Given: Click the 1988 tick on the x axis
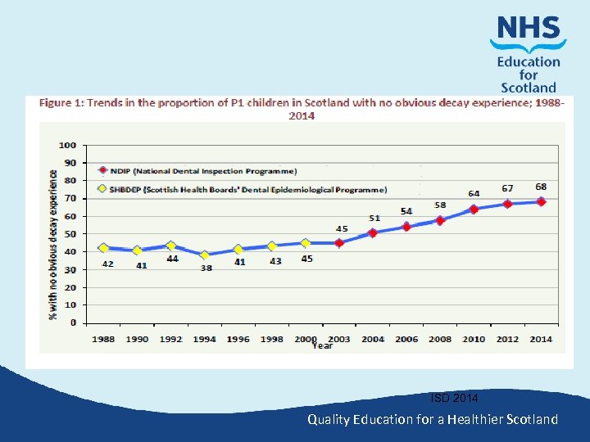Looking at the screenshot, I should click(x=103, y=339).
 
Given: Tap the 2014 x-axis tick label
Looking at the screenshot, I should click(x=541, y=339).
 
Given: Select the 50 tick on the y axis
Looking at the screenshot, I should click(x=71, y=234).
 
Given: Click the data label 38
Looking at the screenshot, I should click(x=206, y=268).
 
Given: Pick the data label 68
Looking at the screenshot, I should click(x=541, y=187).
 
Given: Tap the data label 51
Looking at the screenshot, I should click(x=374, y=218).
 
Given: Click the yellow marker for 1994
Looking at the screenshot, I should click(x=205, y=255).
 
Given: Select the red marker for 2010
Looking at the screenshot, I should click(x=474, y=209).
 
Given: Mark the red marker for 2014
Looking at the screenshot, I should click(x=541, y=201).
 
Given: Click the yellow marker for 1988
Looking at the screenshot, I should click(x=103, y=248).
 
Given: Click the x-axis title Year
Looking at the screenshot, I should click(x=322, y=345).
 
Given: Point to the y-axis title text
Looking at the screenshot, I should click(x=52, y=234).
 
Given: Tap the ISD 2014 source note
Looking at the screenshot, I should click(x=456, y=399).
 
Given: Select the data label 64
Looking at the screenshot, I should click(x=474, y=194).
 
